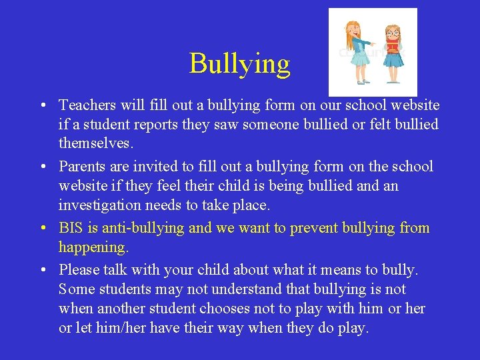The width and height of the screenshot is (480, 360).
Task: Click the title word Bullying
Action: (x=240, y=63)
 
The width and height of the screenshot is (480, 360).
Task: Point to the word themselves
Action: (x=96, y=143)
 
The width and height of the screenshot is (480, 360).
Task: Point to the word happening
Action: (x=93, y=247)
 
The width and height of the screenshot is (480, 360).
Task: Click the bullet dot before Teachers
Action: (x=42, y=105)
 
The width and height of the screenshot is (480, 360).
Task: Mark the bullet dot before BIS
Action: (x=42, y=228)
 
